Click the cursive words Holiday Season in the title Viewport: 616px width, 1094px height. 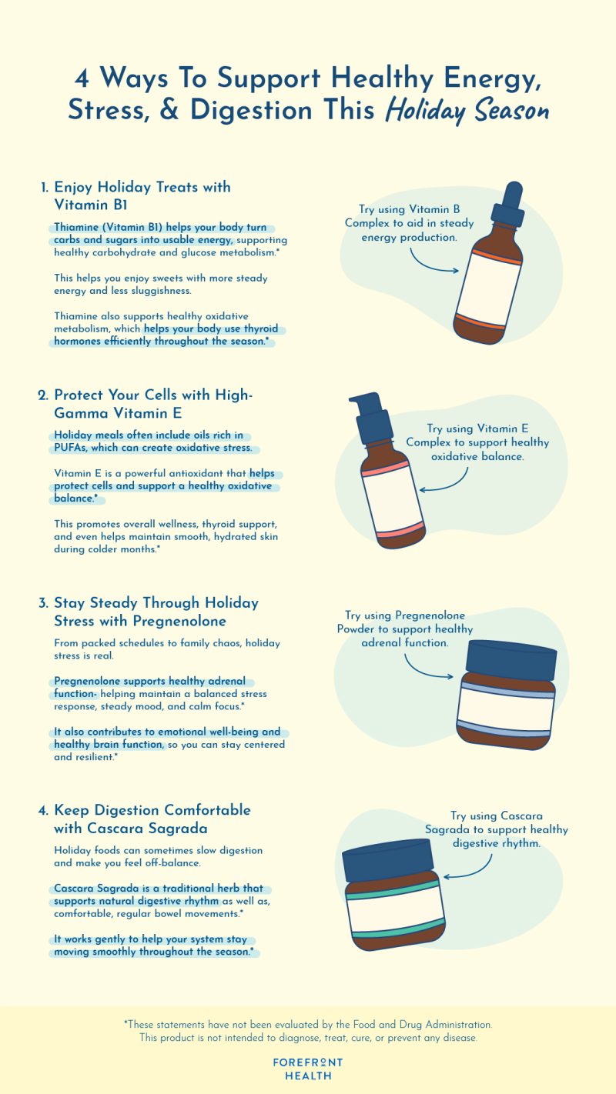[x=467, y=112]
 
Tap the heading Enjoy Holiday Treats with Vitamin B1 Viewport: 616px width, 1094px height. [x=142, y=195]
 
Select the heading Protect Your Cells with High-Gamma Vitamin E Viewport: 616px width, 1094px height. [x=152, y=404]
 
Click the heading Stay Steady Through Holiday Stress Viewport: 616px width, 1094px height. [x=156, y=612]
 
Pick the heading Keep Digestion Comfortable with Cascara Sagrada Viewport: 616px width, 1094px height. [x=152, y=819]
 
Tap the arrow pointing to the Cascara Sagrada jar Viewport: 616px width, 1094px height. [x=470, y=870]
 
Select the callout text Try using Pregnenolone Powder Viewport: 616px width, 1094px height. [x=405, y=629]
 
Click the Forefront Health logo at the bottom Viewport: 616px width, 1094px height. [x=308, y=1069]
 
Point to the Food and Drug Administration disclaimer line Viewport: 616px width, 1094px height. [x=308, y=1025]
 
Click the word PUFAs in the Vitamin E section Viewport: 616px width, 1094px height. [x=71, y=448]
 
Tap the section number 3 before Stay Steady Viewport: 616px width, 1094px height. [x=43, y=603]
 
